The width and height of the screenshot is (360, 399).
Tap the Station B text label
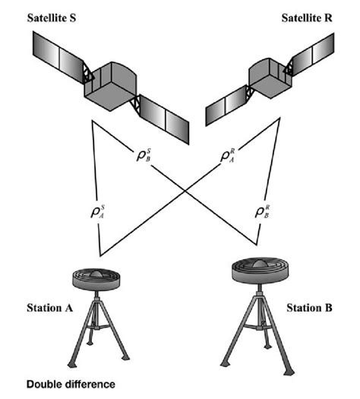click(310, 308)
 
